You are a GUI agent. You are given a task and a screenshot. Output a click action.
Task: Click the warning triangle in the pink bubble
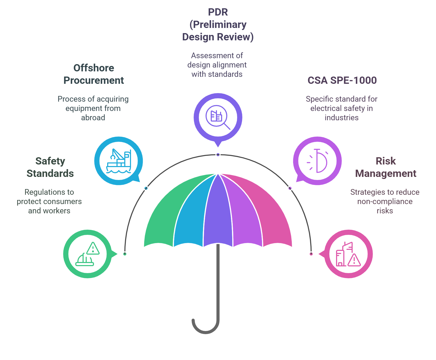pyautogui.click(x=354, y=260)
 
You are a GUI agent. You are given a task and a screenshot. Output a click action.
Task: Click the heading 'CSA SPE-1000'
pyautogui.click(x=342, y=80)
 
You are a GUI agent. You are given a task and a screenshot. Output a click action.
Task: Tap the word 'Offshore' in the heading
pyautogui.click(x=94, y=68)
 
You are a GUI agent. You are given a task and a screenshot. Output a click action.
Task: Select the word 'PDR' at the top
pyautogui.click(x=218, y=12)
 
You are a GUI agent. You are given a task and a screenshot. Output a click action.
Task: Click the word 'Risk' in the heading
pyautogui.click(x=386, y=161)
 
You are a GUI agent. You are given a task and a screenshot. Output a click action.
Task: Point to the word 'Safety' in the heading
pyautogui.click(x=50, y=161)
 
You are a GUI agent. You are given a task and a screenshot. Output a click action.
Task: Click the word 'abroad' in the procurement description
pyautogui.click(x=93, y=118)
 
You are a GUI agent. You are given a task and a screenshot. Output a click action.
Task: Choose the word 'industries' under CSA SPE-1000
pyautogui.click(x=341, y=118)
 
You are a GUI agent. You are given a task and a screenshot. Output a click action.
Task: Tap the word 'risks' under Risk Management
pyautogui.click(x=385, y=211)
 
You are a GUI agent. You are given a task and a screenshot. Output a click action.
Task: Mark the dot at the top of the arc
pyautogui.click(x=218, y=155)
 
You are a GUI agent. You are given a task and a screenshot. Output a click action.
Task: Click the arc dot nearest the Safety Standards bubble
pyautogui.click(x=125, y=254)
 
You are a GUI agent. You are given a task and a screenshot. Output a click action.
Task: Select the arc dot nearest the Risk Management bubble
pyautogui.click(x=311, y=254)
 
